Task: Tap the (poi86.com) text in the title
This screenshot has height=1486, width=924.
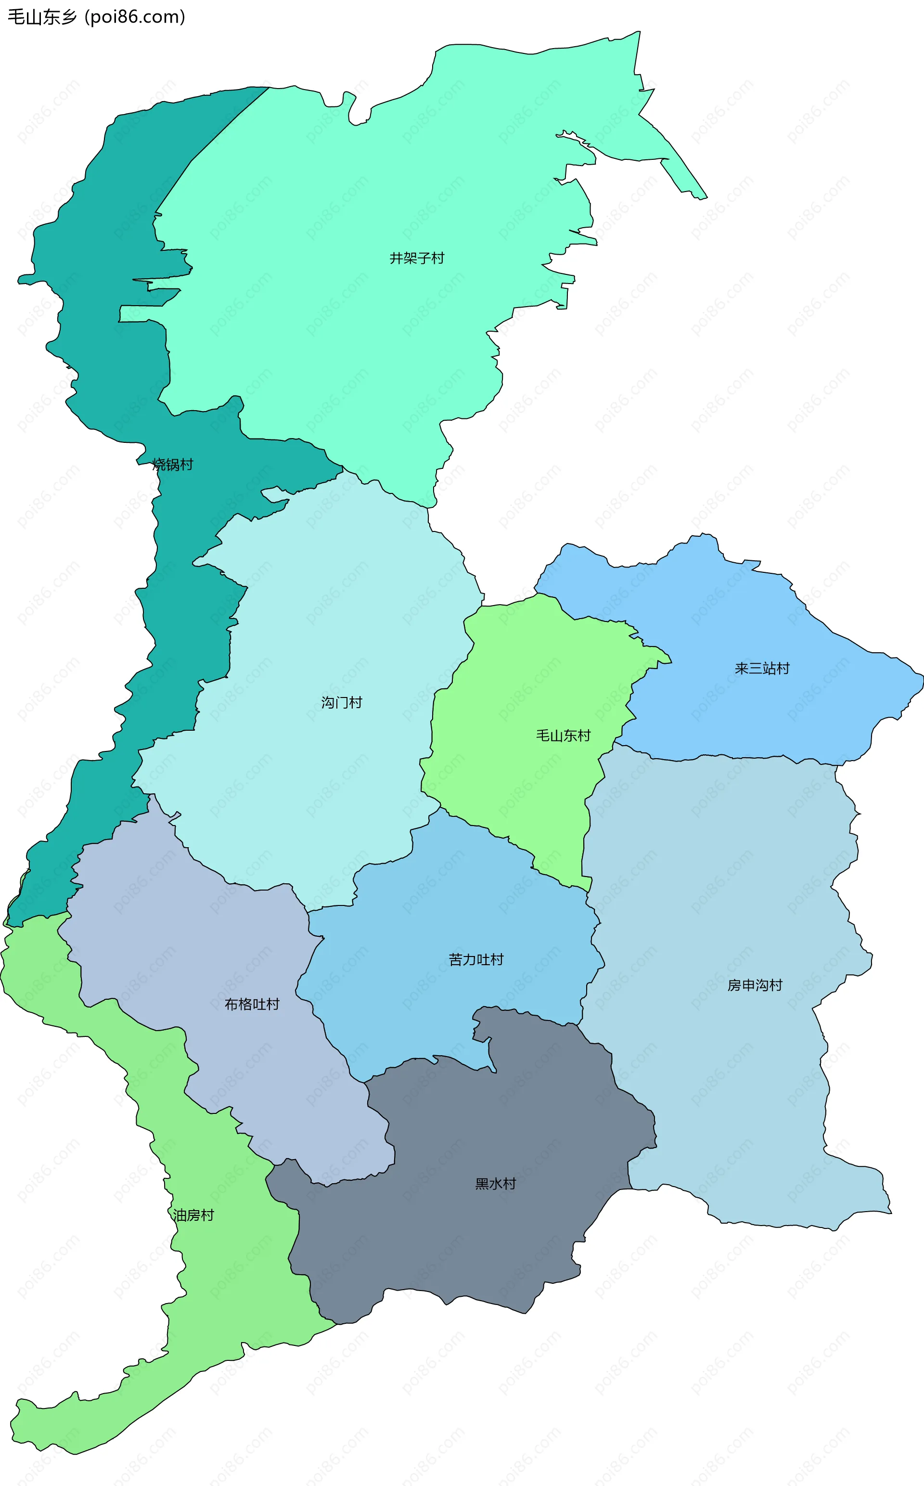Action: point(135,16)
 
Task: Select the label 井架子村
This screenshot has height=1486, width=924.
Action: point(417,258)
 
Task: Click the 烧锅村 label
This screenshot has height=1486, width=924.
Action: point(173,465)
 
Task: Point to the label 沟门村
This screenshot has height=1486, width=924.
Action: point(342,702)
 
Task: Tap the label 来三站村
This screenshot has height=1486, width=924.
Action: point(761,668)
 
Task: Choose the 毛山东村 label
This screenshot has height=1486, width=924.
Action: point(563,736)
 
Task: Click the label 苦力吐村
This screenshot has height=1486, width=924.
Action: point(476,960)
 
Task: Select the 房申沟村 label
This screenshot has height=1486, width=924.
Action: point(755,985)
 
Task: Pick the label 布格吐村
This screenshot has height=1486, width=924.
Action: point(252,1004)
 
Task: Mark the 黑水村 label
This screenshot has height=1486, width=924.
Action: point(496,1183)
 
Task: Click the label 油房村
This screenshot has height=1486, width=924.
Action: point(193,1215)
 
